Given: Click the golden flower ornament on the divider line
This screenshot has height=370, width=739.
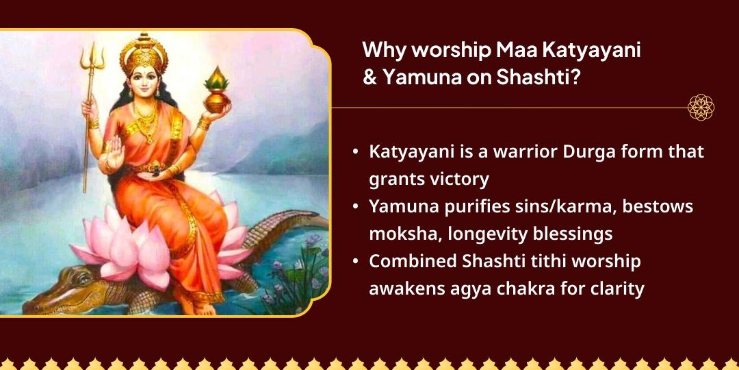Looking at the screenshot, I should point(701,108).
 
